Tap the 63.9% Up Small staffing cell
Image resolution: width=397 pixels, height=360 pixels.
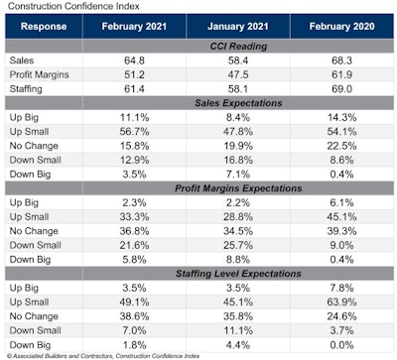pyautogui.click(x=338, y=301)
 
